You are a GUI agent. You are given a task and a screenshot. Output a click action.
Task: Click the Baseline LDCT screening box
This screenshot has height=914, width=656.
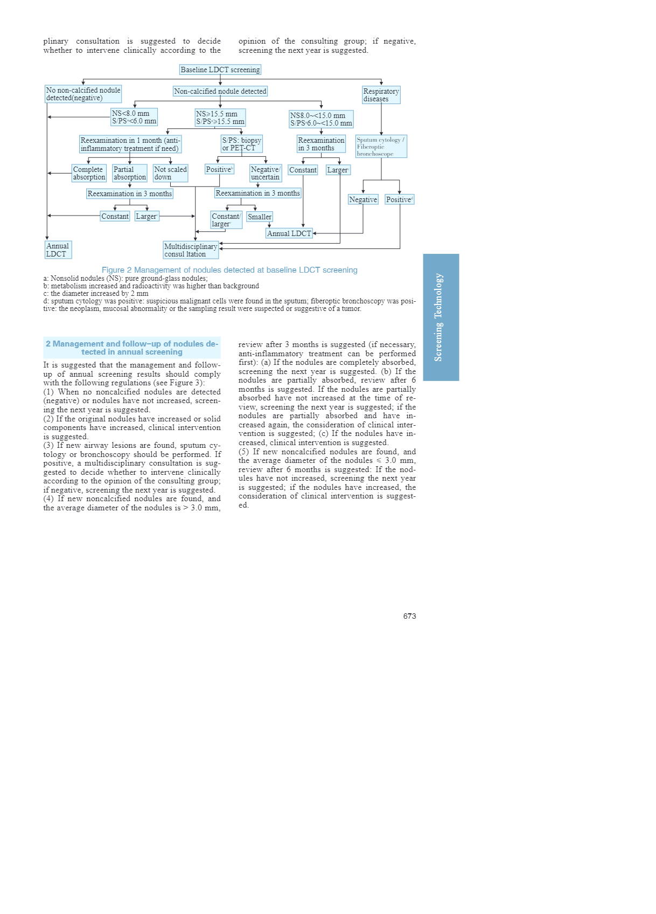[x=220, y=70]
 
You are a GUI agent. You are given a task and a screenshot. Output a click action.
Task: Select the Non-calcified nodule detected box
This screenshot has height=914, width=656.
[x=220, y=91]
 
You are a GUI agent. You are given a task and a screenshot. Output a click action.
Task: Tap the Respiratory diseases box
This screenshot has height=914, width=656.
[x=381, y=95]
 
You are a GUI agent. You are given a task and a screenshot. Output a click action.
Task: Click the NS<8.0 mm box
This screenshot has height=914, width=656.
[x=134, y=117]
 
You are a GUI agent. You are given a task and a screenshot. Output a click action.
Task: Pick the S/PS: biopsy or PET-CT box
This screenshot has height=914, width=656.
[x=241, y=144]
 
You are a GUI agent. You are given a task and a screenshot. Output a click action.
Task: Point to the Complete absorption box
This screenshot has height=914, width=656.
[x=89, y=173]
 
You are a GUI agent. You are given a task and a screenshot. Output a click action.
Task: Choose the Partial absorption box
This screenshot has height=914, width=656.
[x=129, y=173]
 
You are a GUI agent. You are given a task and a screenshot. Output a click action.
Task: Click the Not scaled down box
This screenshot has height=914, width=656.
[x=170, y=173]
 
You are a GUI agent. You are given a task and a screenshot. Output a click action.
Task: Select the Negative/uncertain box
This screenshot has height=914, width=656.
[x=265, y=173]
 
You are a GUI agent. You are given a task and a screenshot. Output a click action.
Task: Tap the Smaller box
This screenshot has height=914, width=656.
[x=260, y=217]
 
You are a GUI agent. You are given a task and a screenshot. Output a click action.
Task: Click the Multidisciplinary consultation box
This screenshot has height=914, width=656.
[x=191, y=250]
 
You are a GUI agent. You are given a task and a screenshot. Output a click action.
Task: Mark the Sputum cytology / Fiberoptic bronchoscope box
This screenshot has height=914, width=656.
[x=381, y=147]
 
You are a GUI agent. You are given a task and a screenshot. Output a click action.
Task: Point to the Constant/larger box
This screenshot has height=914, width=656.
[x=226, y=220]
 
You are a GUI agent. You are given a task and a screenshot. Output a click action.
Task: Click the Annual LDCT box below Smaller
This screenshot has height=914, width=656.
[x=289, y=233]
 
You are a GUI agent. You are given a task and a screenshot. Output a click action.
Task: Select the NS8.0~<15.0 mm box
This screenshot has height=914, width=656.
[x=321, y=119]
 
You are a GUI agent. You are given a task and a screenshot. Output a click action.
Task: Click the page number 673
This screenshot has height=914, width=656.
[x=409, y=616]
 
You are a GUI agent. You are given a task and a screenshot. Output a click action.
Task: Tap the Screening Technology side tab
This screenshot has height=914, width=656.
[x=441, y=317]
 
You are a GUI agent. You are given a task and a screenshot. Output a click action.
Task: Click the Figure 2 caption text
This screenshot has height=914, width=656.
[x=229, y=270]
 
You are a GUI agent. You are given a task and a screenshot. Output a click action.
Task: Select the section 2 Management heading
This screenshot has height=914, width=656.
[x=132, y=348]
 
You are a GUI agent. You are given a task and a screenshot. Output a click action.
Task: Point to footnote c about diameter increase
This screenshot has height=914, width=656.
[x=96, y=294]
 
